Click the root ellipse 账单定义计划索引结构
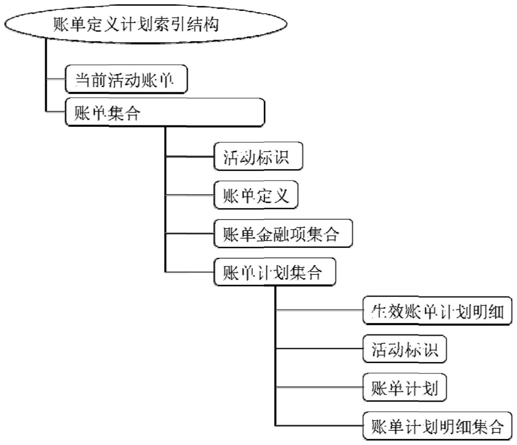145,24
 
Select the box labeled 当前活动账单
126,79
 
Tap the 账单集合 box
165,112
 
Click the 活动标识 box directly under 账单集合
258,157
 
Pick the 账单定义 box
256,195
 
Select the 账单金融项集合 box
283,234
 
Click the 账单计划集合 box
275,272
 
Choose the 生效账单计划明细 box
437,311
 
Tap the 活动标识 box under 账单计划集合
404,349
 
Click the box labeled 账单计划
404,388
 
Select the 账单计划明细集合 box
437,426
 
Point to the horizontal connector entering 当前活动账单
56,79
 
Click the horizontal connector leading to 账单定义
190,195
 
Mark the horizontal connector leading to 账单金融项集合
190,234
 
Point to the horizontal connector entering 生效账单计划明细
319,310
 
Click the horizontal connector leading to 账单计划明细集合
319,426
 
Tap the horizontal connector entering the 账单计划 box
319,387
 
